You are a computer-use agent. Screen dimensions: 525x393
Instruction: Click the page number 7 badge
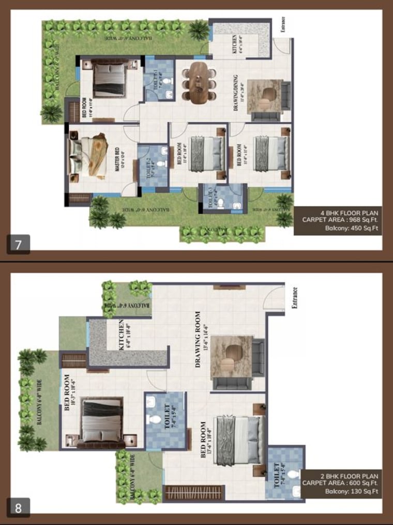click(x=19, y=244)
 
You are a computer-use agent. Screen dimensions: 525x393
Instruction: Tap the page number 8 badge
click(x=19, y=507)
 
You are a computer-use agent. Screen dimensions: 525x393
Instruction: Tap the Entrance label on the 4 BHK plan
click(x=283, y=25)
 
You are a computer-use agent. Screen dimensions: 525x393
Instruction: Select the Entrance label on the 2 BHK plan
click(x=295, y=298)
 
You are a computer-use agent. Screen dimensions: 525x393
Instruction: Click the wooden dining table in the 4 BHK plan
click(x=199, y=83)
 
